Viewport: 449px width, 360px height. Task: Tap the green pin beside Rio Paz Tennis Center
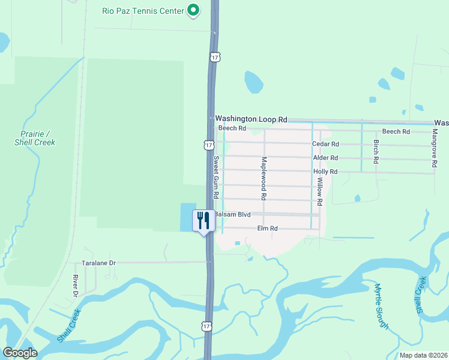(x=193, y=10)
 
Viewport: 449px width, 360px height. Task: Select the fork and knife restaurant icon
(x=203, y=220)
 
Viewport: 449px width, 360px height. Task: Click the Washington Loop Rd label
(x=252, y=119)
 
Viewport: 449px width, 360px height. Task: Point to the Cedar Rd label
(x=326, y=144)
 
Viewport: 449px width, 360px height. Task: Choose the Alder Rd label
(x=325, y=158)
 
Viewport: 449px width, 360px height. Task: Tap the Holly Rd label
(x=325, y=172)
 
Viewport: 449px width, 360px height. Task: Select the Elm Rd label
(x=267, y=229)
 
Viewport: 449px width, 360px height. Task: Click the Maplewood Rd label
(x=264, y=179)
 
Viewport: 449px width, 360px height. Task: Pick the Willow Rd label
(x=320, y=192)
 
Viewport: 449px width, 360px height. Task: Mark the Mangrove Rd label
(x=435, y=148)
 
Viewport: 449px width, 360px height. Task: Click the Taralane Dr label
(x=98, y=263)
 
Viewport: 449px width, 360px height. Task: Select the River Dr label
(x=76, y=286)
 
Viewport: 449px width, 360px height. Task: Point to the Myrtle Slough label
(x=382, y=306)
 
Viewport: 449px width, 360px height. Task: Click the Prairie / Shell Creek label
(x=35, y=138)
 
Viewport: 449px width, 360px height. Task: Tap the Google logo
(x=20, y=353)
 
